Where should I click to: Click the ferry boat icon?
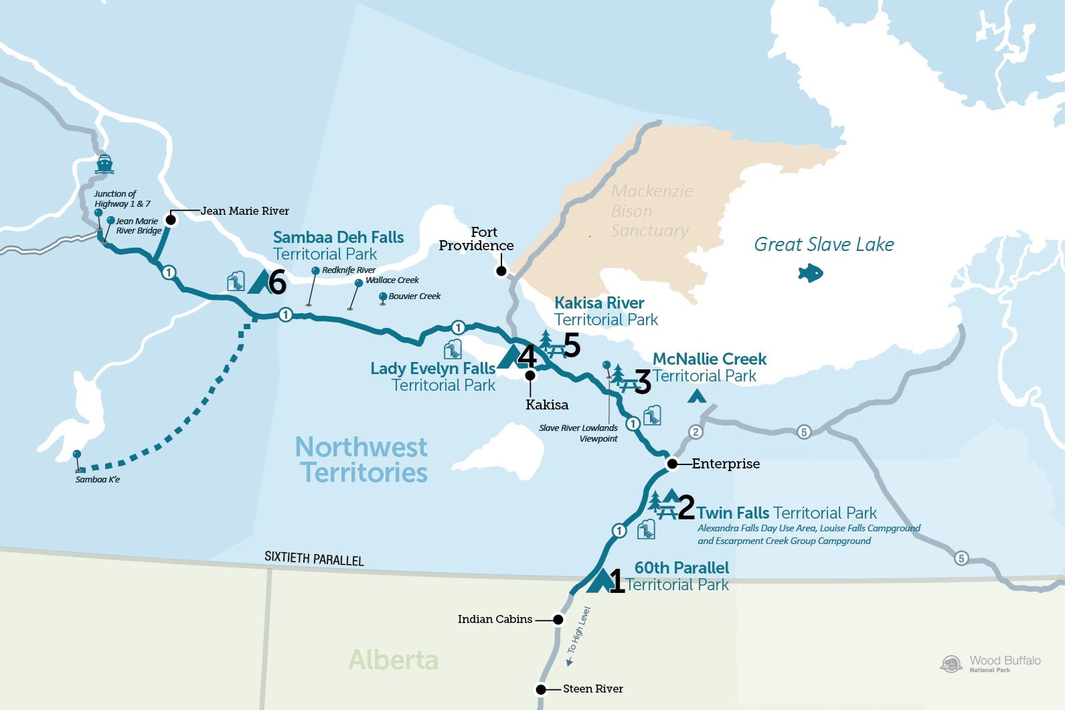tap(104, 164)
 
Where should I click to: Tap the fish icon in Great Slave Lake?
tap(811, 273)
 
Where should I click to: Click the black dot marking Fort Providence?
tap(501, 271)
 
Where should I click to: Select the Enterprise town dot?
tap(672, 463)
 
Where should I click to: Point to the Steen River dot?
tap(541, 689)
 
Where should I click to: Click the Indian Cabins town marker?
tap(558, 620)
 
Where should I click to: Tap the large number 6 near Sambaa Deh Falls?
tap(277, 282)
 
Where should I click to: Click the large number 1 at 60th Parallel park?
tap(617, 581)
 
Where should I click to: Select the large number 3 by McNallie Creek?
tap(643, 382)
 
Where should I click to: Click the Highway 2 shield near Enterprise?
tap(695, 432)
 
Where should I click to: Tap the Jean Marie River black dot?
tap(171, 219)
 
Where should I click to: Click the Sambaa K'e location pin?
tap(77, 455)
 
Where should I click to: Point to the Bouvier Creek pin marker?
tap(383, 296)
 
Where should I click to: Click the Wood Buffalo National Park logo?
tap(951, 664)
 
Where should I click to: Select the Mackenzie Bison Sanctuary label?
tap(651, 211)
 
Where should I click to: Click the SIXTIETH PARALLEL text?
tap(314, 558)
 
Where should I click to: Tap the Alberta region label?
tap(394, 660)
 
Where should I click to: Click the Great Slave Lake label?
tap(823, 244)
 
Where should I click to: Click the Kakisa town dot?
tap(530, 375)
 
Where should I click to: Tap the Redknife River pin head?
tap(315, 270)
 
